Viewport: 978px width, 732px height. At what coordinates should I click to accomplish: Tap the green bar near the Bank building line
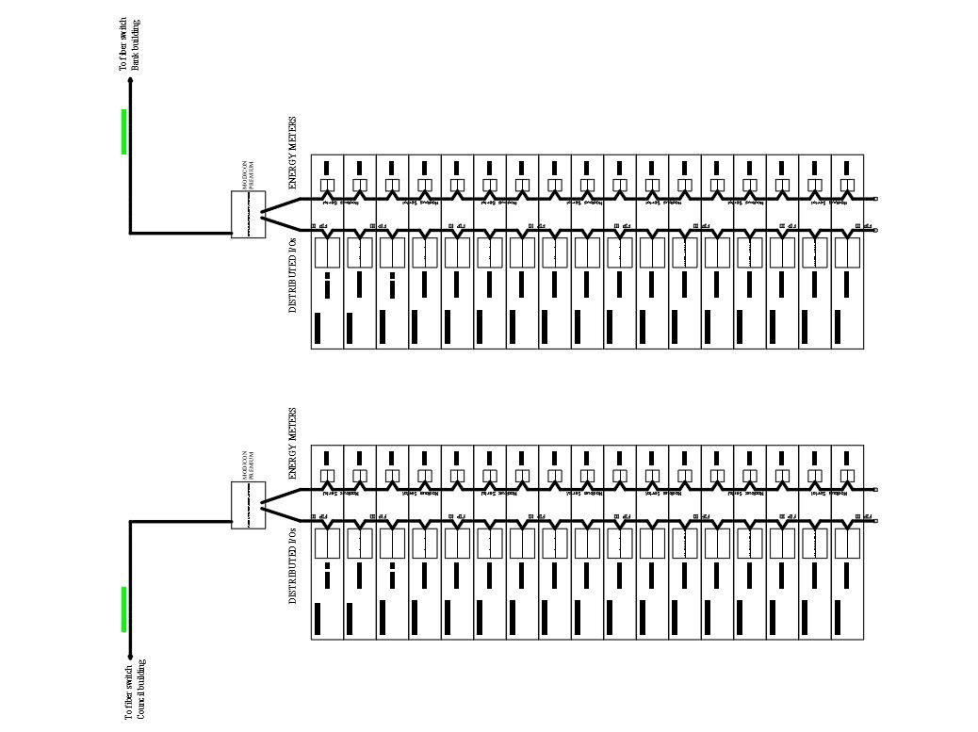point(123,131)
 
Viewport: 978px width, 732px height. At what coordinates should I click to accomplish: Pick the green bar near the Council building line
point(123,610)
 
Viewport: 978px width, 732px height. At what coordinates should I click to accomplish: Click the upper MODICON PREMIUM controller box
point(248,215)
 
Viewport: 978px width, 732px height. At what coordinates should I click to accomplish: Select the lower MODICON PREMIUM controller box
point(248,505)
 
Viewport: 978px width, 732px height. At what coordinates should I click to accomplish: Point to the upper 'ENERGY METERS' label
point(292,154)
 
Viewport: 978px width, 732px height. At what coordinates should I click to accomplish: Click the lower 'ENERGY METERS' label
point(292,445)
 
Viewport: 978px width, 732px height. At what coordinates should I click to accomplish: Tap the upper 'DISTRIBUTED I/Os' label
point(292,275)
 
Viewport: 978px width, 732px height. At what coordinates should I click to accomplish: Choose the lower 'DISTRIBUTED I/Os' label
point(292,565)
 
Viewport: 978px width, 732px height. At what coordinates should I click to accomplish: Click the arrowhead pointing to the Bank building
point(130,82)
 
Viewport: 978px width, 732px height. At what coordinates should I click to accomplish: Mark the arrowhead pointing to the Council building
point(130,656)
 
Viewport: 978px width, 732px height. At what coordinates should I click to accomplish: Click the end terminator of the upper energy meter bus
point(875,199)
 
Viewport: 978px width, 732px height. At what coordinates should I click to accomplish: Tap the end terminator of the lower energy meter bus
point(875,490)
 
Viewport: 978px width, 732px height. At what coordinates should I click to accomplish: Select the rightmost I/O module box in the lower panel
point(847,543)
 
